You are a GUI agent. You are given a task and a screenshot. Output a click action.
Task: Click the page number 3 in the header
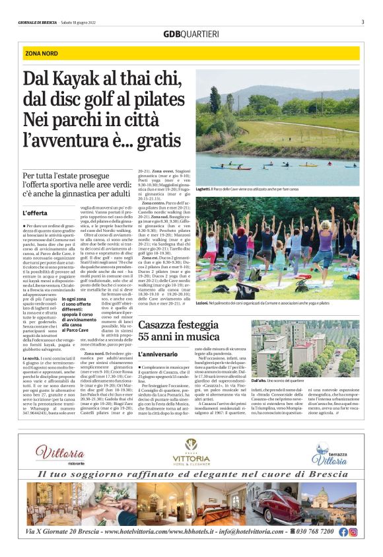[x=363, y=22]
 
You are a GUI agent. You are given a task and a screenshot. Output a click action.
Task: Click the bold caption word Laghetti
[x=205, y=188]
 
